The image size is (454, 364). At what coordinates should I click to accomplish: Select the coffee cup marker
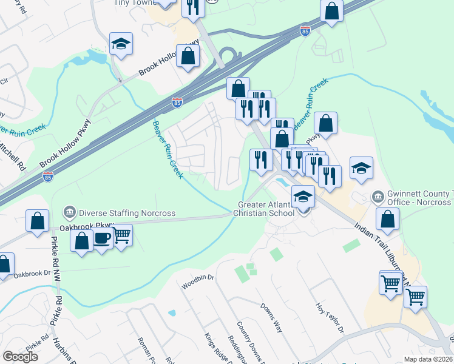[x=102, y=238]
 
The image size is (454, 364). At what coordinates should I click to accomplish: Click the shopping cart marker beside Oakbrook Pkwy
[x=121, y=235]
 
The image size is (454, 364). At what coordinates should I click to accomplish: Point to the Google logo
[x=20, y=357]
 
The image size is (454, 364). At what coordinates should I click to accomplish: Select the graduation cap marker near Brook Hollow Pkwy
[x=121, y=44]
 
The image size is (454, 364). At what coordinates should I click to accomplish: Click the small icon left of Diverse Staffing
[x=69, y=213]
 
